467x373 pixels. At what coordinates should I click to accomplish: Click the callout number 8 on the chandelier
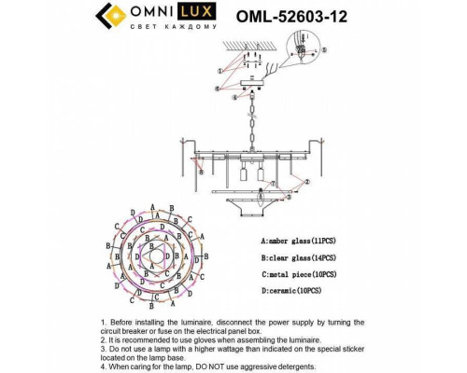pos(198,171)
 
